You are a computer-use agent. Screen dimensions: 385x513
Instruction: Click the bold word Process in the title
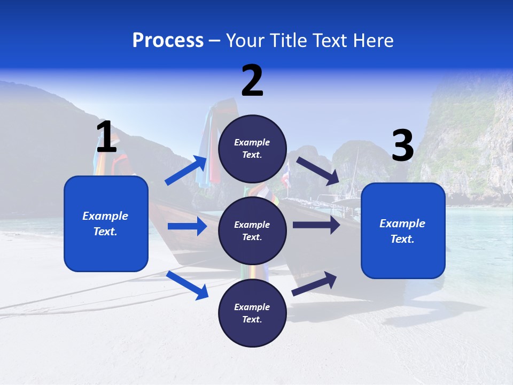[x=168, y=41]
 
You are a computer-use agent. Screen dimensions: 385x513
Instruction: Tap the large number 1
[x=106, y=137]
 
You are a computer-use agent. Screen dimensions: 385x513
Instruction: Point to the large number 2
[x=252, y=80]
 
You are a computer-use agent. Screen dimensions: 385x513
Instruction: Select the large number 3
[x=402, y=145]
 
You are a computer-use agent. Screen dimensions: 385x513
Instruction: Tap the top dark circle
[x=252, y=149]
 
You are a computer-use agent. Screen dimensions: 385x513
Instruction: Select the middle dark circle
[x=252, y=230]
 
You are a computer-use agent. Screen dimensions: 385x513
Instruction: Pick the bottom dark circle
[x=252, y=313]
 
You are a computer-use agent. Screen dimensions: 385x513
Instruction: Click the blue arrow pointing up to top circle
[x=186, y=171]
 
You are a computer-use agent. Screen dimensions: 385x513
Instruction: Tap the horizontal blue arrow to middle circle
[x=187, y=226]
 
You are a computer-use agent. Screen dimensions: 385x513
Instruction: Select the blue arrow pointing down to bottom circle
[x=188, y=285]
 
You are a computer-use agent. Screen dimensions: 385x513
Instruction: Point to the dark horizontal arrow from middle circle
[x=316, y=225]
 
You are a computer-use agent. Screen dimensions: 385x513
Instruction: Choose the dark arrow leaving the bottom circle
[x=315, y=283]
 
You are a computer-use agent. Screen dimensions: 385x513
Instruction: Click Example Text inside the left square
[x=105, y=224]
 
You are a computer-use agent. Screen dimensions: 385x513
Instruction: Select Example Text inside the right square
[x=402, y=231]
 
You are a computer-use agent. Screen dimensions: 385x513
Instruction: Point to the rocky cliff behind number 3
[x=470, y=139]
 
